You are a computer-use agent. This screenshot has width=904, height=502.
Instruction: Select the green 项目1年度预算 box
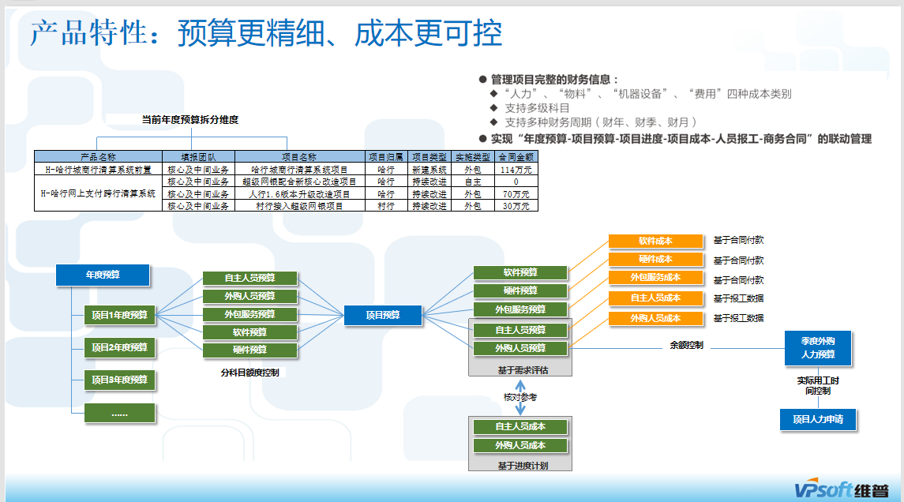pos(119,315)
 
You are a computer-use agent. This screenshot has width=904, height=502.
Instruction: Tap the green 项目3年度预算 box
pos(119,380)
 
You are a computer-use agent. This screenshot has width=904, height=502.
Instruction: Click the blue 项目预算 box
pos(383,315)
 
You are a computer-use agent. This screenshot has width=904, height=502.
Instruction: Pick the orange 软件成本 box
pos(655,241)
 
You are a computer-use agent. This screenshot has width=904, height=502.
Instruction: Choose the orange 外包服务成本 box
pos(655,278)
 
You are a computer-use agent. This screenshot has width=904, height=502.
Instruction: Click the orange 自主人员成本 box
pos(655,298)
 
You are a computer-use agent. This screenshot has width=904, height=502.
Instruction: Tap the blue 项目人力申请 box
pos(817,419)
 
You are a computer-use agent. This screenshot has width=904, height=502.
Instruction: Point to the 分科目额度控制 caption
pos(249,372)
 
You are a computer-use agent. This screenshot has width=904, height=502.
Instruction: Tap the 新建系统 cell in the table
pos(429,169)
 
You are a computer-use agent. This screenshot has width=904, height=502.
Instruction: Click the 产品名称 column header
pos(98,157)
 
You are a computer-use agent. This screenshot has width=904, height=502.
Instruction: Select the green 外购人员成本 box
pos(520,445)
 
